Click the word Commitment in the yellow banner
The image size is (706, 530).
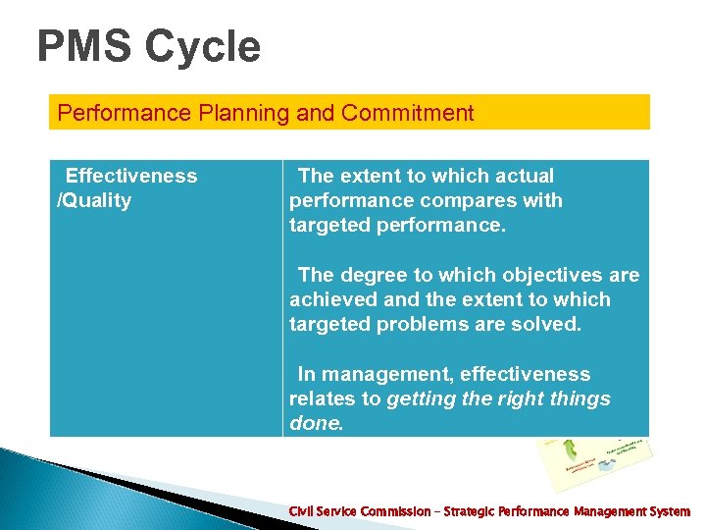[x=407, y=113]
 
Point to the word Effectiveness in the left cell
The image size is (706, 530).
[x=130, y=176]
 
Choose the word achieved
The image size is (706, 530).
[x=328, y=300]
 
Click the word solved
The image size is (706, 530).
[x=545, y=325]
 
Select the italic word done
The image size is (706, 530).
[x=316, y=424]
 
